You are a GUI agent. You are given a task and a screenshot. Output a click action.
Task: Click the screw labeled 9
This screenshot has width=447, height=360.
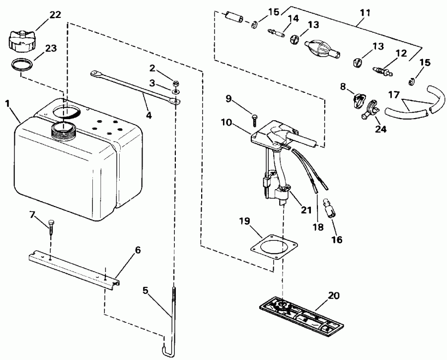click(255, 118)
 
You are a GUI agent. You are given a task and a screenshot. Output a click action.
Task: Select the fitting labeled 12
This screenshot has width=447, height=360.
click(382, 72)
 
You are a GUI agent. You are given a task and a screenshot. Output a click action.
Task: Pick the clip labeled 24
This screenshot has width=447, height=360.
click(371, 110)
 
